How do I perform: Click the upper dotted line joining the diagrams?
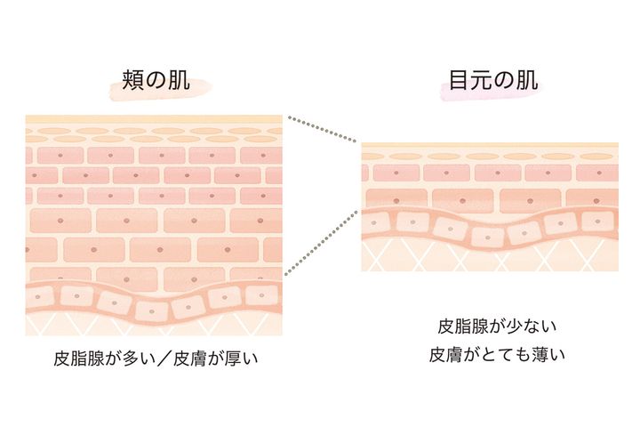tap(323, 129)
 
